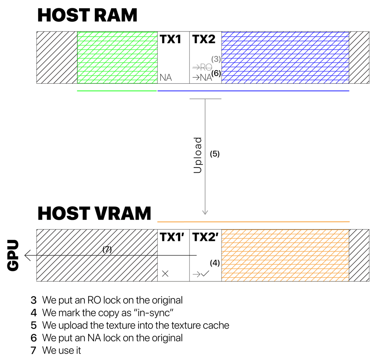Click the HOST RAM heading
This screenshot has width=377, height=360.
pos(87,15)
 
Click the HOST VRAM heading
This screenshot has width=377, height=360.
pos(94,213)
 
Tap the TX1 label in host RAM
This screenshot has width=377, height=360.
pos(170,39)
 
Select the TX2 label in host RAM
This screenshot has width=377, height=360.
pos(204,39)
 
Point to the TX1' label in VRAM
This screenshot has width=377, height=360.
pos(172,237)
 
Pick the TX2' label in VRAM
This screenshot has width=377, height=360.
pos(205,237)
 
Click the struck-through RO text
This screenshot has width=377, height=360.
pos(206,67)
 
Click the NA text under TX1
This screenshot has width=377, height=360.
pos(166,78)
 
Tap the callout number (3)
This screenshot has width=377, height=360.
pos(216,59)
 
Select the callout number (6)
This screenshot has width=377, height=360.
pos(216,73)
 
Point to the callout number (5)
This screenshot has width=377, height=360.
pos(214,154)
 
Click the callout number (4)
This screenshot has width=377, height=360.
pos(214,263)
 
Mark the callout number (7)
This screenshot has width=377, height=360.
pos(107,249)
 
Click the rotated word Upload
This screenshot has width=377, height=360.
pos(197,155)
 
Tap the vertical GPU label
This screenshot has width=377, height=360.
pos(13,255)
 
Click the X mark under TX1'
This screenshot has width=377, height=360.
pos(165,274)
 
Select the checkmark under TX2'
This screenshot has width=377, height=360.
pos(205,274)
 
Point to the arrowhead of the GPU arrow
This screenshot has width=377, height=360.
pos(25,255)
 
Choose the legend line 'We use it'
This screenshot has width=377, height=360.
pos(62,350)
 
